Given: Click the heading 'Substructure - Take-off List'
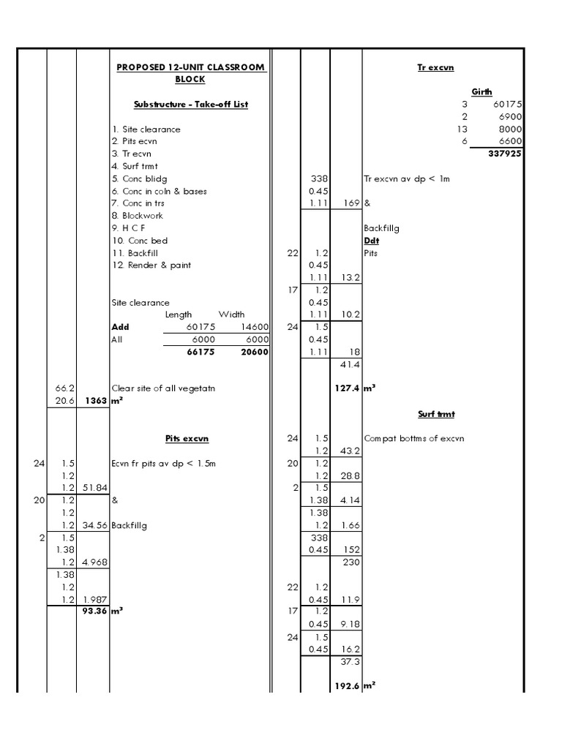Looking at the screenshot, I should (x=191, y=105).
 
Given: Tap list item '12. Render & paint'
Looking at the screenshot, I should (x=151, y=265).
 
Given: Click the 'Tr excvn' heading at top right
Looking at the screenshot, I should (x=435, y=67).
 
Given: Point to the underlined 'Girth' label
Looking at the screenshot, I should (x=482, y=92).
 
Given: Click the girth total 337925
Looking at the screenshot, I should (x=505, y=154).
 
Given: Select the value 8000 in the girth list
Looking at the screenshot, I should (x=507, y=129).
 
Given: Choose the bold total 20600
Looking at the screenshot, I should (x=252, y=352).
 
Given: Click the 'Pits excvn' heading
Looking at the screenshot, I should (x=187, y=439).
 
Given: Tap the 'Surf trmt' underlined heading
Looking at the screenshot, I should (x=436, y=414).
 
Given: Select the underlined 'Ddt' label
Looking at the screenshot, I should (x=371, y=241).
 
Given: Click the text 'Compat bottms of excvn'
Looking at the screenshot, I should (x=413, y=439).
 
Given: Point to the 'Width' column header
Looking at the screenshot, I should (x=231, y=315).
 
